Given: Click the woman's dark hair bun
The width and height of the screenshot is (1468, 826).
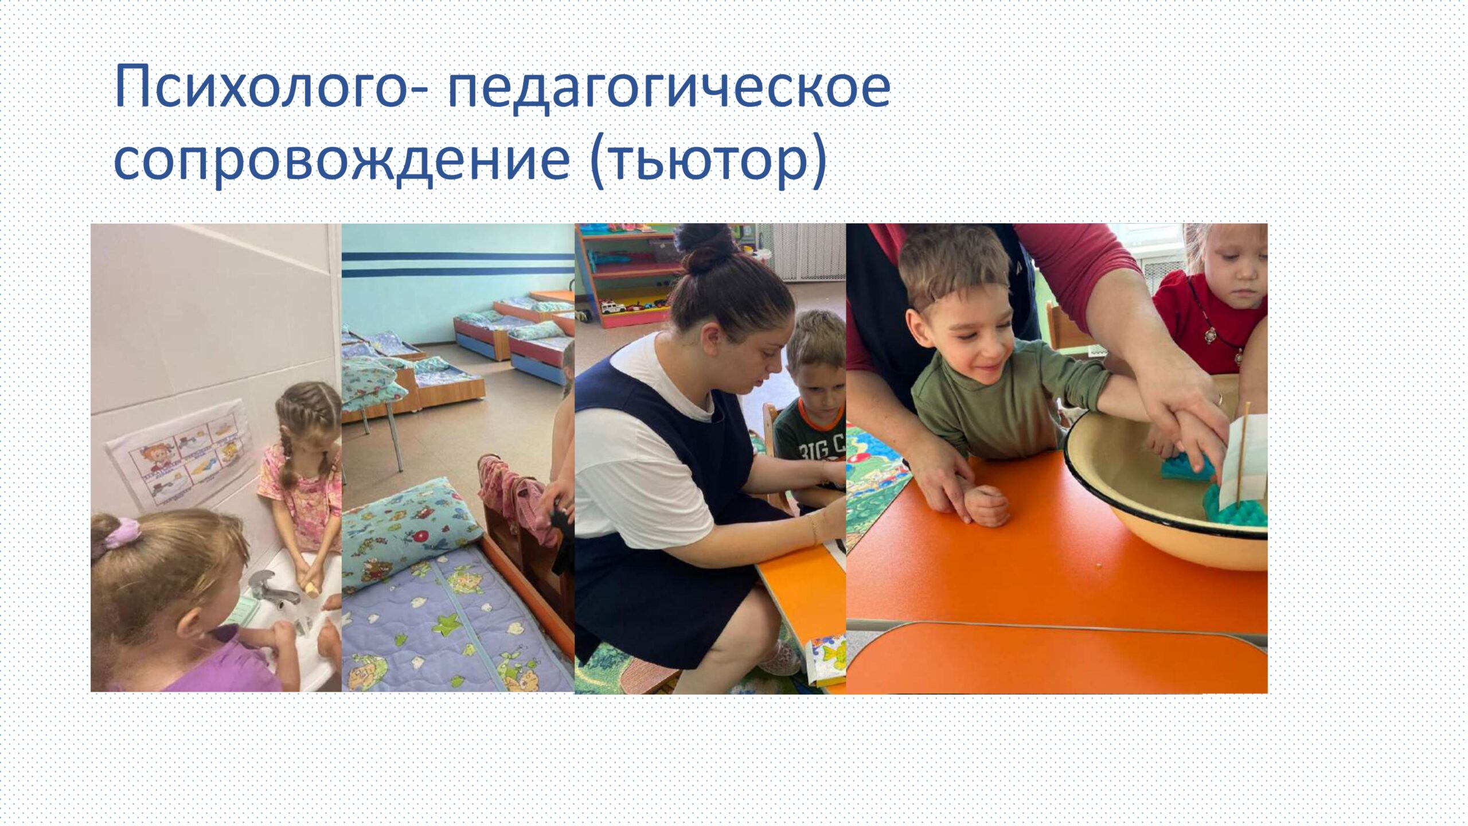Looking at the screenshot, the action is [705, 247].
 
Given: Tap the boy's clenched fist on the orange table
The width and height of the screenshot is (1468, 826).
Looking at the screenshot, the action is [987, 505].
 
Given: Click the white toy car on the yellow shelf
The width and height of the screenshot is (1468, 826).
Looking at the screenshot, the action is [615, 307].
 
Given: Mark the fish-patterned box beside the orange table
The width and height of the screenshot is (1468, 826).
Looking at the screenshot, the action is [826, 659].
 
